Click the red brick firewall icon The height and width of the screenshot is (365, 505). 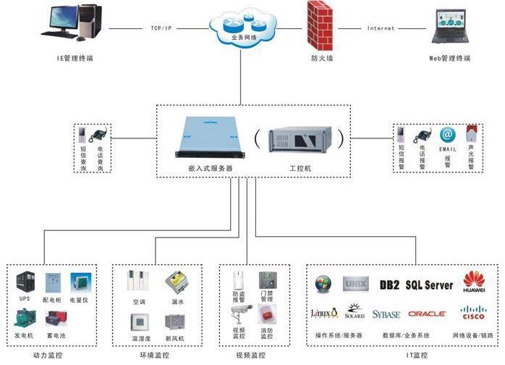pos(319,25)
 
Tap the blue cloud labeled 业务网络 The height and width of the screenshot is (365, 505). pos(241,30)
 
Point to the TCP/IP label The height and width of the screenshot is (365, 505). pos(161,28)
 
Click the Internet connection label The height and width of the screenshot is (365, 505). pos(381,28)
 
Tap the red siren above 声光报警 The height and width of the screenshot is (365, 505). pos(471,133)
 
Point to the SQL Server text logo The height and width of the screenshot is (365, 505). pos(429,285)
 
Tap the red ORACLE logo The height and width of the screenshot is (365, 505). pos(427,314)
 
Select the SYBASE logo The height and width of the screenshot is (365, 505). pos(386,314)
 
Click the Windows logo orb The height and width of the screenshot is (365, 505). pos(323,284)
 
